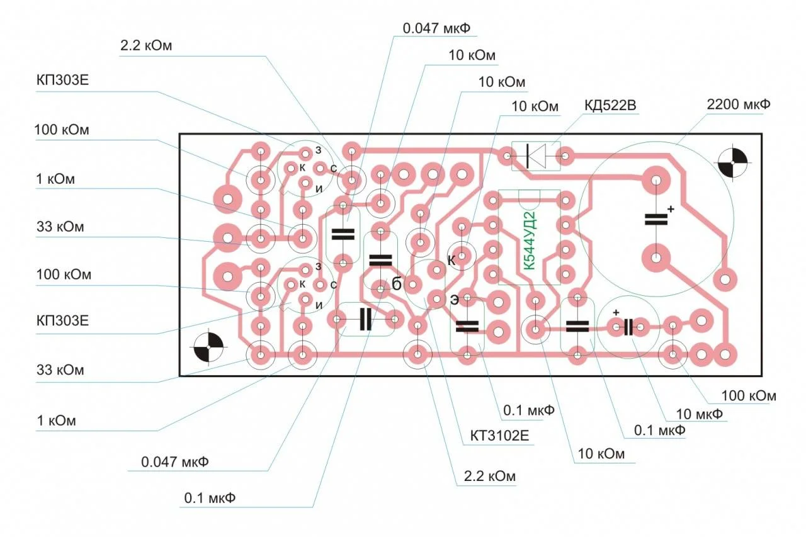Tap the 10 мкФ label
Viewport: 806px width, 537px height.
point(698,414)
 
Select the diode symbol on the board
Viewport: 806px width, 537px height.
point(536,155)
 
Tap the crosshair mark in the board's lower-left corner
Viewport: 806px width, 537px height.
point(208,348)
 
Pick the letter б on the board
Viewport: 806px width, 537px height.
point(397,284)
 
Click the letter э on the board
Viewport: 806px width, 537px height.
point(454,300)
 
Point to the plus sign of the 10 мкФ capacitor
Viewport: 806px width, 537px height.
point(616,312)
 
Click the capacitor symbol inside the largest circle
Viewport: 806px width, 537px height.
point(656,219)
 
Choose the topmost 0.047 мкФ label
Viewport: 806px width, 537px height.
point(436,29)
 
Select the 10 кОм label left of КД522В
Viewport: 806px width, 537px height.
point(535,106)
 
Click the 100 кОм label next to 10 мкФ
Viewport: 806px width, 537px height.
point(749,396)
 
